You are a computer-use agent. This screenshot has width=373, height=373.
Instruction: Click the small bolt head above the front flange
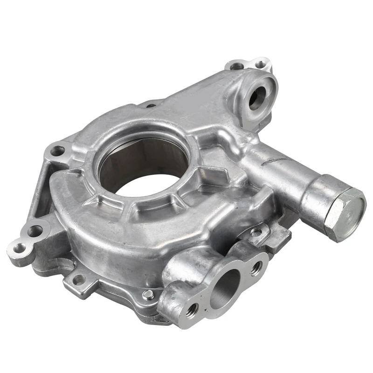coord(256,232)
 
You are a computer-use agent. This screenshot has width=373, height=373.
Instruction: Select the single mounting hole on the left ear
coord(57,151)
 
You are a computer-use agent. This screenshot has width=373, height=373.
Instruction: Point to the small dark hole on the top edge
coord(151,106)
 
